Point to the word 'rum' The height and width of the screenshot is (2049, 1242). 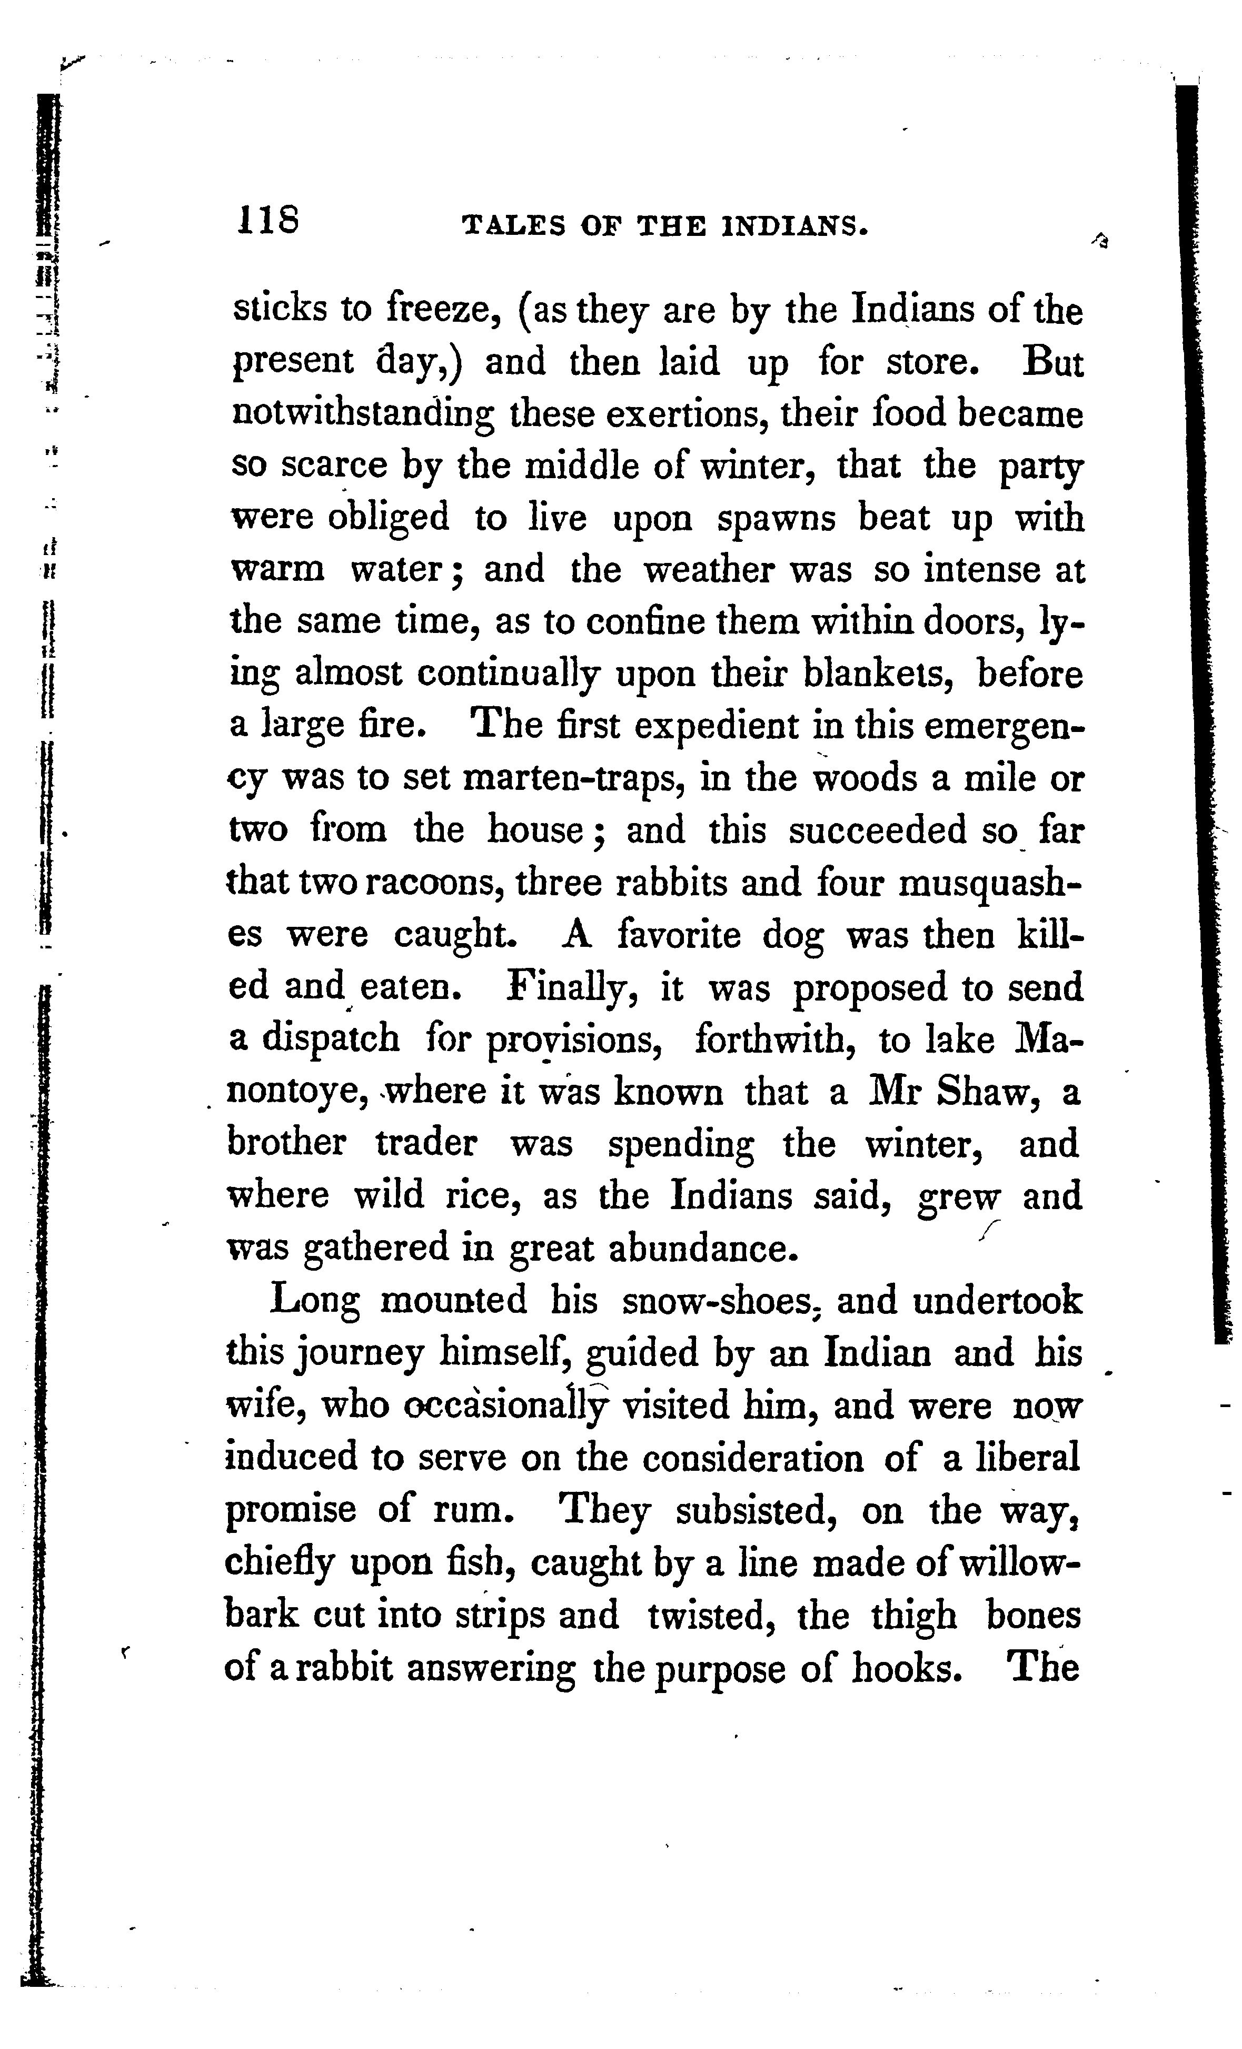(470, 1509)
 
